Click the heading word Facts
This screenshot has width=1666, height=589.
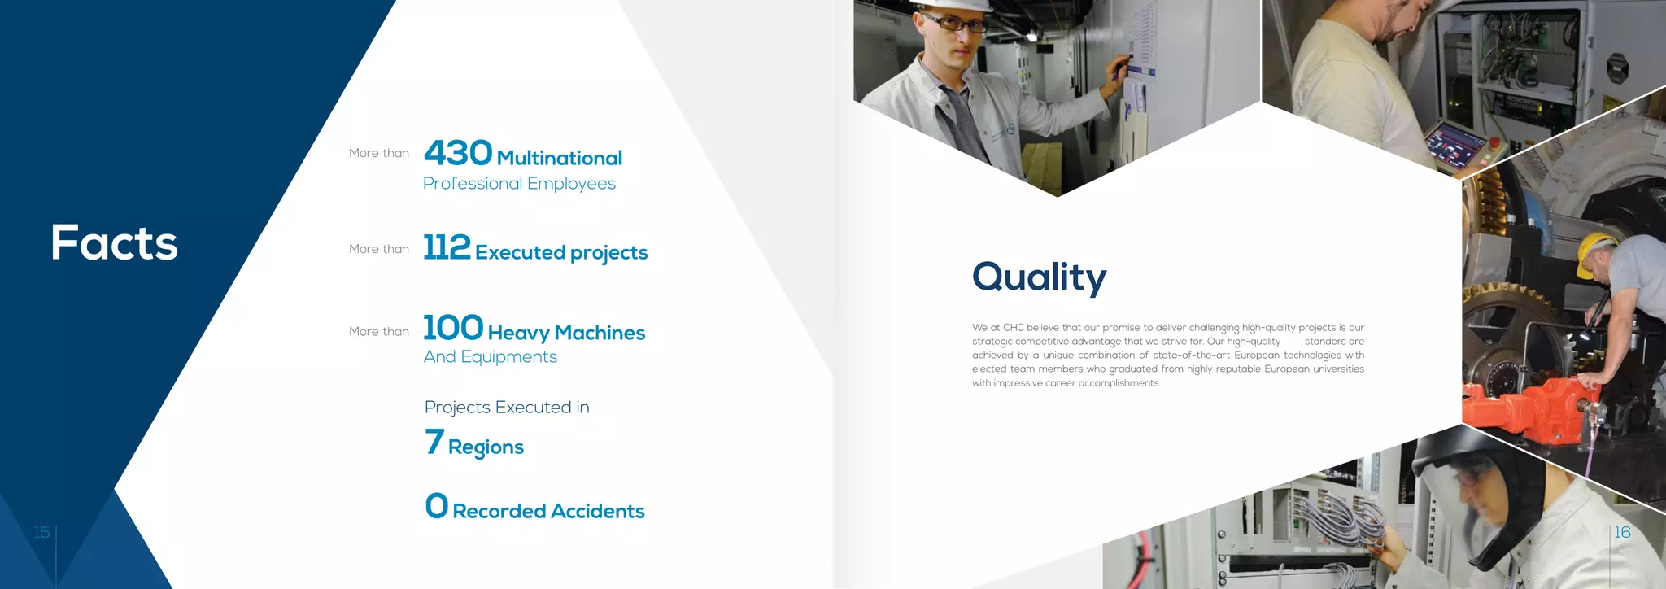coord(114,242)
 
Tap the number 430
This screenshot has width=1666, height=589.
coord(458,153)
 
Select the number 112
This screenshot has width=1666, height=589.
coord(447,247)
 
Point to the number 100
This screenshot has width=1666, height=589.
coord(453,328)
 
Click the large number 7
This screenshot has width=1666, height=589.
coord(434,442)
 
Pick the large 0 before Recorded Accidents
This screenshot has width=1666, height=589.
coord(437,506)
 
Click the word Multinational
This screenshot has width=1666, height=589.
coord(560,158)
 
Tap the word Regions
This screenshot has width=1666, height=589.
coord(486,447)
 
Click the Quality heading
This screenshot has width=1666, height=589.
coord(1039,277)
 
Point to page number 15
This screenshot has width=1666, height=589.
coord(41,532)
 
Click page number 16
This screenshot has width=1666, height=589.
coord(1622,532)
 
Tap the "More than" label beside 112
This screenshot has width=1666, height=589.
coord(379,249)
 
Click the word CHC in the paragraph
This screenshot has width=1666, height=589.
coord(1014,328)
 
